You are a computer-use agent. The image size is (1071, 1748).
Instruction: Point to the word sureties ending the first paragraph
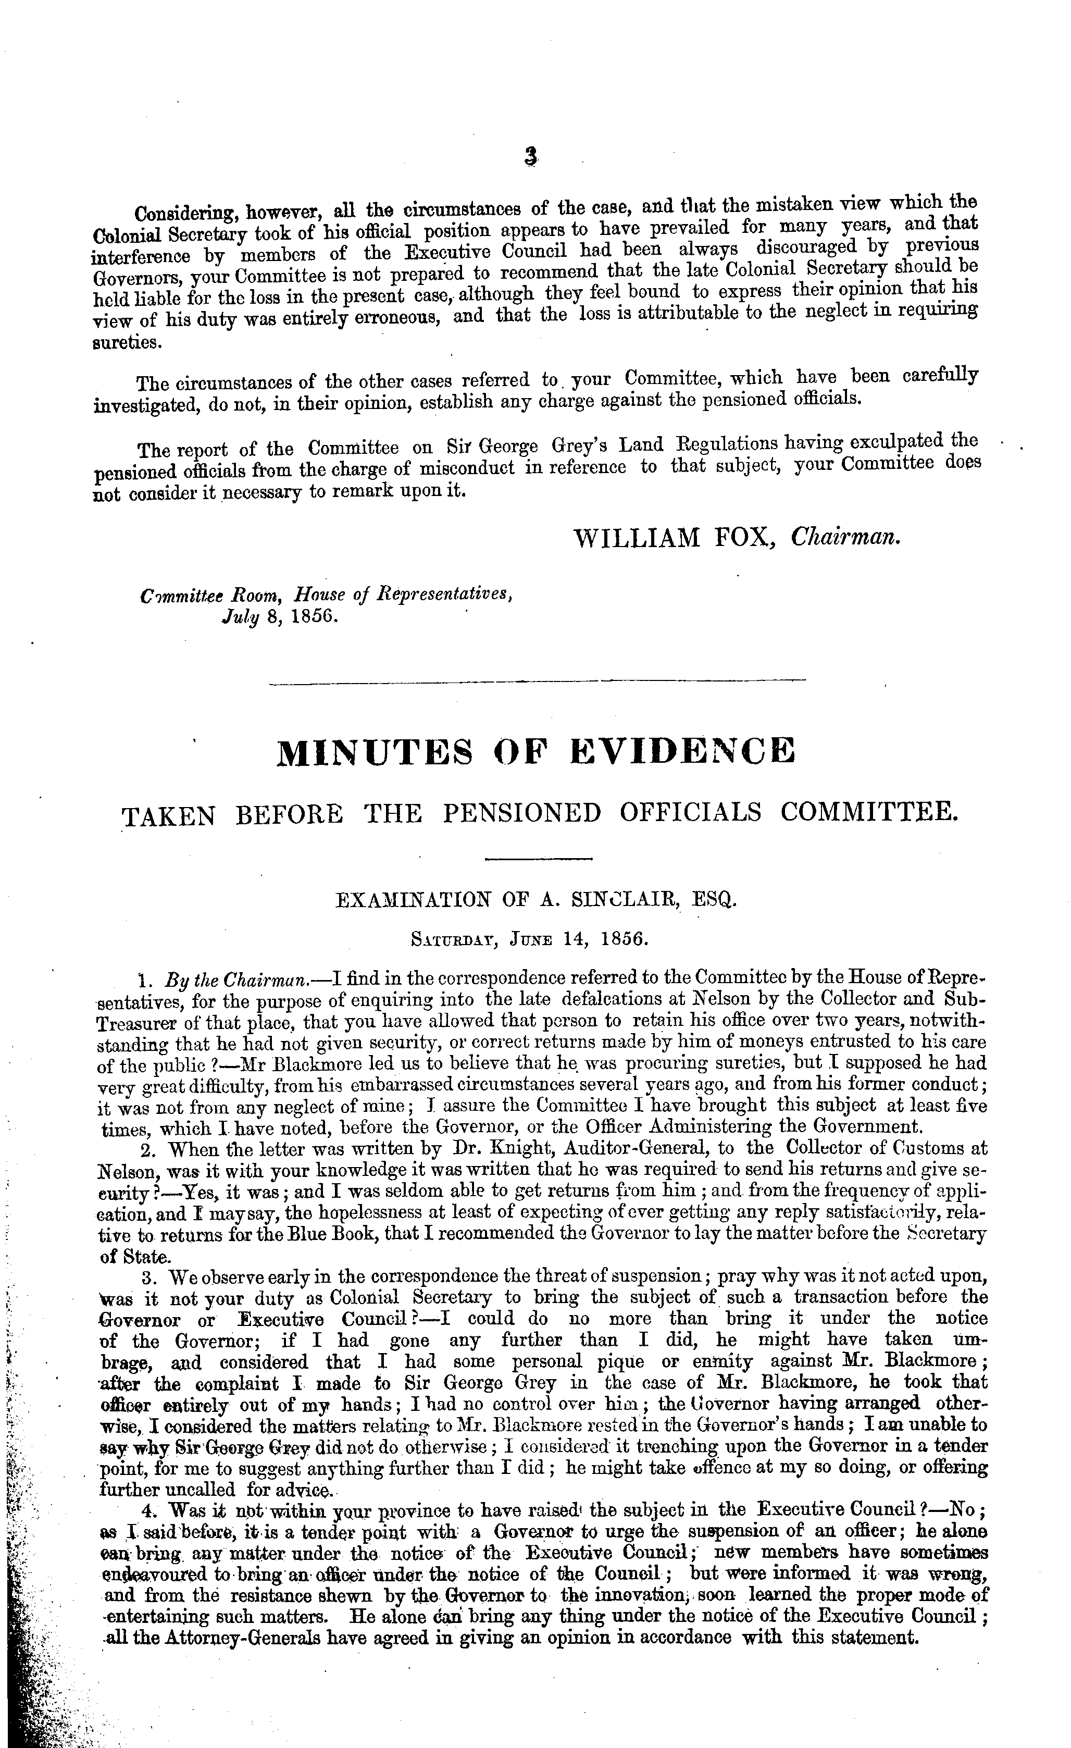tap(126, 343)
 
